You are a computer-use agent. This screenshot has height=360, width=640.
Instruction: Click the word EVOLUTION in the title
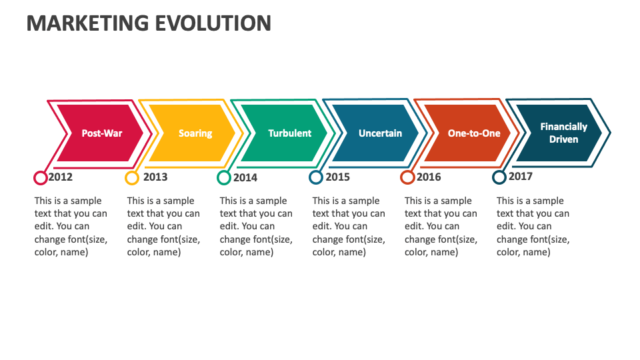point(213,23)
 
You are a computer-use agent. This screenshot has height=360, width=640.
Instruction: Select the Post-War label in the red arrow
point(102,133)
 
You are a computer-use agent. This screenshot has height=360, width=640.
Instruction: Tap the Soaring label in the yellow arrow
point(195,133)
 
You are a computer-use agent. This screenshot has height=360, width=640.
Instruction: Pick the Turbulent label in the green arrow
point(289,133)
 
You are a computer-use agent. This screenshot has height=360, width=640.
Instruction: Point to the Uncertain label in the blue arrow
point(380,133)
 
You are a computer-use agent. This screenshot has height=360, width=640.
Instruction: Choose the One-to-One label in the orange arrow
point(474,133)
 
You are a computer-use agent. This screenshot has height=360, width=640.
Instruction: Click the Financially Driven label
point(563,133)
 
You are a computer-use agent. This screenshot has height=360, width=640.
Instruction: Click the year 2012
point(61,177)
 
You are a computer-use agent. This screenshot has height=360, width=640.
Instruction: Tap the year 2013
point(155,177)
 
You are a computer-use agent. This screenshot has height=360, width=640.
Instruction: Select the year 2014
point(245,178)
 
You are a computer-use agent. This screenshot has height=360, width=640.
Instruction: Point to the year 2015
point(337,177)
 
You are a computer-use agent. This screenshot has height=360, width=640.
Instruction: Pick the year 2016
point(429,177)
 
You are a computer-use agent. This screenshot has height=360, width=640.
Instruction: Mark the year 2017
point(520,177)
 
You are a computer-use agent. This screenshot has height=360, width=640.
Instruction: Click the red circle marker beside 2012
point(40,178)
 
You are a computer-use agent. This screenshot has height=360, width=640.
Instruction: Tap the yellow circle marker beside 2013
point(132,178)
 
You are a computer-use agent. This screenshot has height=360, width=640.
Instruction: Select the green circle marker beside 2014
point(224,178)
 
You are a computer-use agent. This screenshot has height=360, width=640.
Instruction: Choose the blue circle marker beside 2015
point(316,178)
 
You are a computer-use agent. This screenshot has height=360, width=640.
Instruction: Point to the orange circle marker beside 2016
point(407,178)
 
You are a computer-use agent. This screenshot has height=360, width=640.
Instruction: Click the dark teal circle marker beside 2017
point(499,177)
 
